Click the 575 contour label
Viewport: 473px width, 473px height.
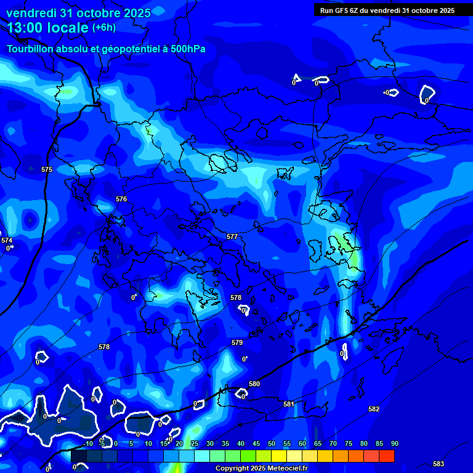coord(47,169)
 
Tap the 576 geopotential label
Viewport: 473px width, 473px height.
coord(121,199)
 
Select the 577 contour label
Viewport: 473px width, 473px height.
coord(232,236)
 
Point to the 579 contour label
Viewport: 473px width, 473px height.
coord(237,342)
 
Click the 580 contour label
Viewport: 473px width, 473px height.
coord(254,384)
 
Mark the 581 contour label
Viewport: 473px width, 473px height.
coord(289,404)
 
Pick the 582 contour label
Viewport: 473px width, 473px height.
coord(374,409)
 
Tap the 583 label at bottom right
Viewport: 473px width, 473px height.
coord(439,464)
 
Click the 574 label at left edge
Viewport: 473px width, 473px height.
coord(6,240)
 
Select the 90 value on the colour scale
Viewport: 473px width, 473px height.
coord(394,443)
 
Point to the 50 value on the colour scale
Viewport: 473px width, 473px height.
coord(272,443)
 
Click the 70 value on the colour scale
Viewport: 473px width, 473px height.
coord(333,443)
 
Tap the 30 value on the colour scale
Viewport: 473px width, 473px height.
coord(210,443)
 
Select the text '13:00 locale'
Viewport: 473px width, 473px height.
coord(47,27)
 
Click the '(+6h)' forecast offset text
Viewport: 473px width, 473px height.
coord(103,27)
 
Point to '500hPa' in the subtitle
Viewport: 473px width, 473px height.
coord(188,49)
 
